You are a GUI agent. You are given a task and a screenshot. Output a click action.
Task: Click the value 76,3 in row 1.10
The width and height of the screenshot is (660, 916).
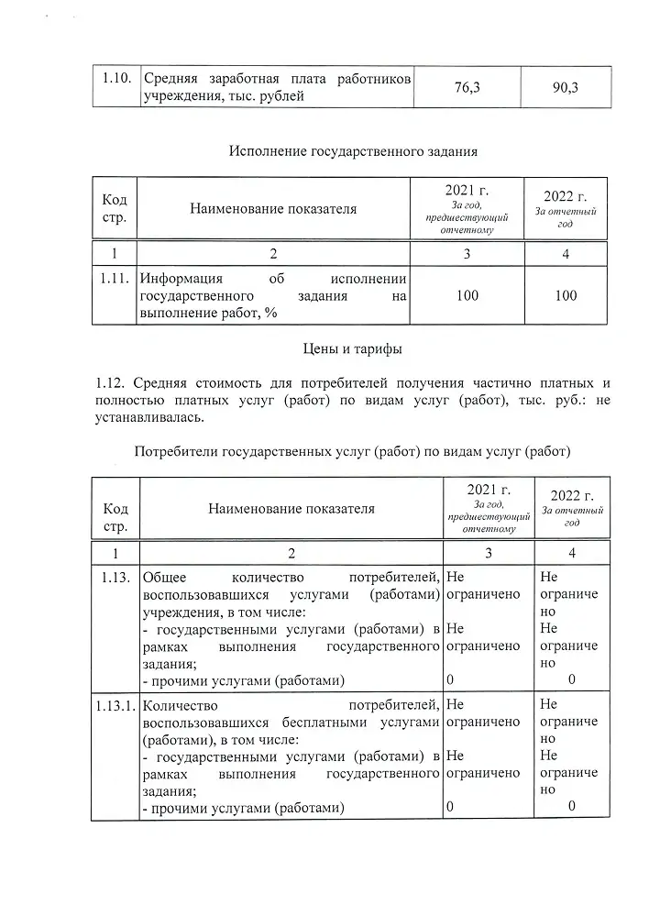(x=467, y=87)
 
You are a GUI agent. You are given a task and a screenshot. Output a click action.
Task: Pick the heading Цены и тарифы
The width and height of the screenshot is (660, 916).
(x=352, y=348)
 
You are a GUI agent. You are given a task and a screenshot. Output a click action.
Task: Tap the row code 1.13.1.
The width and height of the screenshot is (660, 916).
(x=115, y=706)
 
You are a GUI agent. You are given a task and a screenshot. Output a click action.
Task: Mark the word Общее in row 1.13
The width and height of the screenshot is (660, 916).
(x=165, y=577)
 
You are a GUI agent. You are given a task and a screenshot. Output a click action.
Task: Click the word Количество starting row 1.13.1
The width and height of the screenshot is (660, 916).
(x=180, y=706)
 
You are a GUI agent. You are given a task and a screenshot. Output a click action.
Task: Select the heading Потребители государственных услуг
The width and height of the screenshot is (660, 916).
(x=352, y=451)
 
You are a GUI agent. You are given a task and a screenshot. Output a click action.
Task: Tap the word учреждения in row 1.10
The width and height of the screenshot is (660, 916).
(x=176, y=96)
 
